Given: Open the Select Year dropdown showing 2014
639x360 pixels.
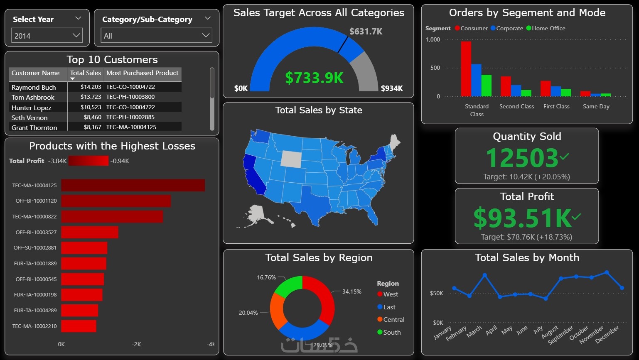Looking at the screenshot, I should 47,36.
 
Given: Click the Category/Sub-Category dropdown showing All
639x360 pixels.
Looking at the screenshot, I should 156,36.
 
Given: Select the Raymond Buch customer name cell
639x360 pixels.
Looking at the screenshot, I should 34,87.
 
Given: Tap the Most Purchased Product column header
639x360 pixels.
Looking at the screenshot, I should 142,73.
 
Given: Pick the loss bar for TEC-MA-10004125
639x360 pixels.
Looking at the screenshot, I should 133,185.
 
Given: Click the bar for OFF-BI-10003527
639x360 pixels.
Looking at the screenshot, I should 90,232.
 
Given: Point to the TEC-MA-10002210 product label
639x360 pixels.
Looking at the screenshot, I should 34,326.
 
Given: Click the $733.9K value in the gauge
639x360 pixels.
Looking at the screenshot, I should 314,78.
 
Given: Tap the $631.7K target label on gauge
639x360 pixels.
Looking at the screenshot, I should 366,32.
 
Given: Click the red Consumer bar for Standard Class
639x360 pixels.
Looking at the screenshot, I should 466,69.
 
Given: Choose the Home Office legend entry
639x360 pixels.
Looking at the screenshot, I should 546,28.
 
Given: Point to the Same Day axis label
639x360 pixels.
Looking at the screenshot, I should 596,106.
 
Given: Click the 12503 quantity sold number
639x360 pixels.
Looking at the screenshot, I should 522,158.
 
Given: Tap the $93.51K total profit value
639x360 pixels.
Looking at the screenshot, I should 522,218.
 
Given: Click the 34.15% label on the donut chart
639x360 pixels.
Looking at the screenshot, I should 351,291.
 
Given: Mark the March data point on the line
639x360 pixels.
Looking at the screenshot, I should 484,275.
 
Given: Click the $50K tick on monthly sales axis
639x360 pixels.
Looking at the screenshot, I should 436,293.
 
